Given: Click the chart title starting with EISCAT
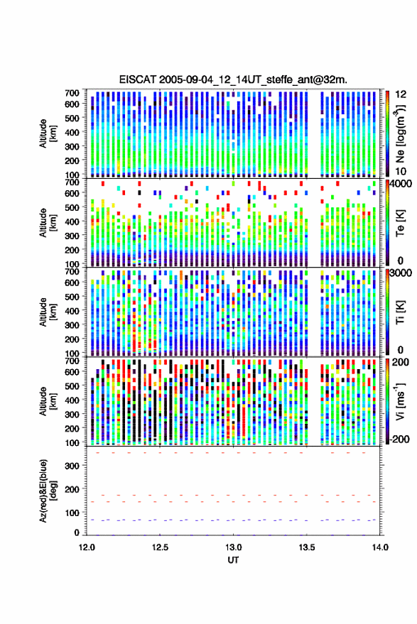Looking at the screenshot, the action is [x=233, y=80].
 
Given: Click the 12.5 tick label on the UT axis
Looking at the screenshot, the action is [x=160, y=547].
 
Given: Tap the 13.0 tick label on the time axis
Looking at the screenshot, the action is [x=233, y=547].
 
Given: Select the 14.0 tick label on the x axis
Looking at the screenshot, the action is [x=380, y=547].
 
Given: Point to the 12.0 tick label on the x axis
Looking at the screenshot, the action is [x=87, y=547].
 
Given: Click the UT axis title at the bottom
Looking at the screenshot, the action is [x=233, y=560].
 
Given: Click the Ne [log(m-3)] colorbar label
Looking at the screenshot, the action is [x=400, y=133].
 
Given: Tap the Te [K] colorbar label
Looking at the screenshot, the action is [x=400, y=223].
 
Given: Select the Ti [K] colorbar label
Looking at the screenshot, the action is [x=400, y=312].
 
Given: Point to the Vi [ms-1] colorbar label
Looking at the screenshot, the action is [x=400, y=401].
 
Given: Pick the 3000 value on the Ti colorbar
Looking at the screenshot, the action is [x=401, y=274].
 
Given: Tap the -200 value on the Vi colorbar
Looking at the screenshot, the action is [x=399, y=439].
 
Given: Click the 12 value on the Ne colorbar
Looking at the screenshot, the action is [x=401, y=94].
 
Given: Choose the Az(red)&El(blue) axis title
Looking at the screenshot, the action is [x=48, y=491].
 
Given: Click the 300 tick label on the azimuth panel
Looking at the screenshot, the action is [x=72, y=466].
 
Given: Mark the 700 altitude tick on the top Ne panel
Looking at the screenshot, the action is [x=72, y=93].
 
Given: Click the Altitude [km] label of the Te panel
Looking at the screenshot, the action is [x=48, y=223].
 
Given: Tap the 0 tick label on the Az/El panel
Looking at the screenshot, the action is [x=77, y=532].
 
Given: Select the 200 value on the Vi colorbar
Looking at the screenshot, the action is [x=401, y=362].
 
